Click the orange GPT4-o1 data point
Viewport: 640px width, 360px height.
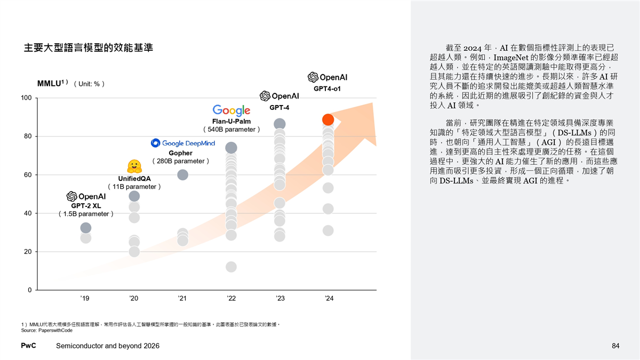[x=328, y=120]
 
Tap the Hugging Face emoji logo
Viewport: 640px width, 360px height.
[x=134, y=165]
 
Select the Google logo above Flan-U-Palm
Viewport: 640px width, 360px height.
[x=231, y=110]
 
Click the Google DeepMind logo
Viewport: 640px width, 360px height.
[x=183, y=143]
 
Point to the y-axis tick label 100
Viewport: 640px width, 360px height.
[x=26, y=98]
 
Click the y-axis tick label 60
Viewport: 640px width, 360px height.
[x=27, y=175]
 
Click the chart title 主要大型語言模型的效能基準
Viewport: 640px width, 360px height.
[x=89, y=47]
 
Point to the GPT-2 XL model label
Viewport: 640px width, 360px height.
[x=86, y=205]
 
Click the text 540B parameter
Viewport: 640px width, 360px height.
[x=231, y=130]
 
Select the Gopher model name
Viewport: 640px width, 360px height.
[x=180, y=153]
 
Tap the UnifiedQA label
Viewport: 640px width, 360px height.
[x=134, y=179]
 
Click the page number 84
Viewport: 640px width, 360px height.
[x=615, y=347]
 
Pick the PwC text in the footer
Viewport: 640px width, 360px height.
[x=28, y=346]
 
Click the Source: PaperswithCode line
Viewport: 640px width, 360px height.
[x=46, y=331]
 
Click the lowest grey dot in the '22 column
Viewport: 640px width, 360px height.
[x=231, y=267]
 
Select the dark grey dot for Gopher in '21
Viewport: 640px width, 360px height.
[x=182, y=175]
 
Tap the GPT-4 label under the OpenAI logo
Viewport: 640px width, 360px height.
[x=279, y=107]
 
